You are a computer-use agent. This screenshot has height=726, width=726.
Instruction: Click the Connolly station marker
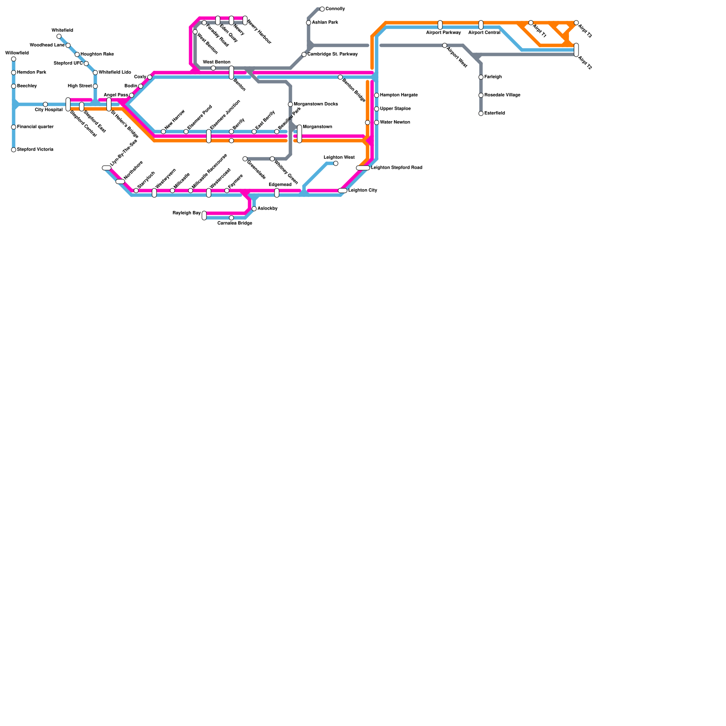[x=322, y=9]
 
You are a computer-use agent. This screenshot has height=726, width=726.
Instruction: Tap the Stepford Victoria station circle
[x=14, y=150]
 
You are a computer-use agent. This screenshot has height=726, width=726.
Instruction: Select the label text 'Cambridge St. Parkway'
[x=333, y=54]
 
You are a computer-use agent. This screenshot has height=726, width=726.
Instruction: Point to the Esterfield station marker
[x=481, y=113]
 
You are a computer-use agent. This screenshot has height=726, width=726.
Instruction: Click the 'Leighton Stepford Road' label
[x=397, y=168]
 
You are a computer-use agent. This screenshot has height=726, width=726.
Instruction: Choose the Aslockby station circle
[x=254, y=209]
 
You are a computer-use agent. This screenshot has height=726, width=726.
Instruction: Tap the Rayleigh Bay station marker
[x=204, y=216]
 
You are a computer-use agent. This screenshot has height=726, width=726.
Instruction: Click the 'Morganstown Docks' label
[x=316, y=104]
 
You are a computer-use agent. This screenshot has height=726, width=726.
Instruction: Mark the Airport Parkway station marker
[x=440, y=25]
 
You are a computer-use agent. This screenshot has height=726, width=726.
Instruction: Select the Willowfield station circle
[x=14, y=59]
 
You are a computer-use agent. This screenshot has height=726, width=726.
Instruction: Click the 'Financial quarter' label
[x=35, y=127]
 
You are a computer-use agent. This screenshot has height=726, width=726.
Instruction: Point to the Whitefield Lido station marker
[x=95, y=73]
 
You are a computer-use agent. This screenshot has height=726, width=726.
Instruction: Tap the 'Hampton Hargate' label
[x=399, y=95]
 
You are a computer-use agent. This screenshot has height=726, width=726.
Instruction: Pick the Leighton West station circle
[x=336, y=163]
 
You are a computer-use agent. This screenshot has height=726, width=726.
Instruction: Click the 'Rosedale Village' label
[x=502, y=95]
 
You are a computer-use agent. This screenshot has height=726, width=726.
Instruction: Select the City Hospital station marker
[x=45, y=104]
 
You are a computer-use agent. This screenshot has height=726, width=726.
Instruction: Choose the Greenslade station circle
[x=245, y=159]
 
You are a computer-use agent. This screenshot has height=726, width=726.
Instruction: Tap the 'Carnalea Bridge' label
[x=235, y=223]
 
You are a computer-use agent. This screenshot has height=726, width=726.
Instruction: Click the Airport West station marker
[x=445, y=45]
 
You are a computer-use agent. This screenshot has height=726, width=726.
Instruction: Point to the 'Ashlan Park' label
[x=325, y=23]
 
